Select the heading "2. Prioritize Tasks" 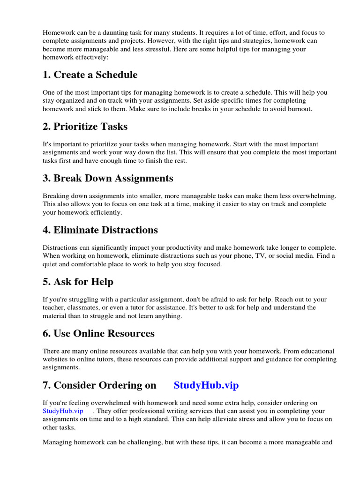[85, 127]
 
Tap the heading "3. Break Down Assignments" [108, 179]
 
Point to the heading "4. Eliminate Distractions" [100, 230]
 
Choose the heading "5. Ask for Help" [78, 282]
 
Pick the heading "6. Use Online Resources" [98, 334]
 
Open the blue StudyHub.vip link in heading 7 [206, 385]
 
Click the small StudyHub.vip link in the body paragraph [63, 411]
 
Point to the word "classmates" [86, 307]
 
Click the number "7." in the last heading [47, 385]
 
